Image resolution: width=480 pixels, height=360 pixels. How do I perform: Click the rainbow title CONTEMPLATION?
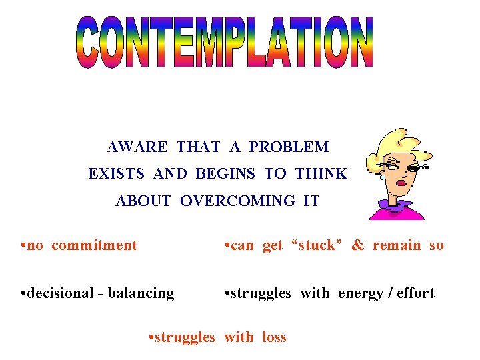pyautogui.click(x=224, y=43)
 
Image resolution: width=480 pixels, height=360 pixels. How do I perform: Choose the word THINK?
pyautogui.click(x=321, y=174)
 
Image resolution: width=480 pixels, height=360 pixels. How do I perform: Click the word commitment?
pyautogui.click(x=94, y=245)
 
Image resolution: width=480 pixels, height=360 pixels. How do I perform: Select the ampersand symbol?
pyautogui.click(x=358, y=245)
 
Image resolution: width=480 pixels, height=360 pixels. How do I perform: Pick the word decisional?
pyautogui.click(x=59, y=293)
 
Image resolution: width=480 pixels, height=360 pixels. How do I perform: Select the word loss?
pyautogui.click(x=274, y=337)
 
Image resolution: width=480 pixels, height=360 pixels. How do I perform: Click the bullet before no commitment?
pyautogui.click(x=23, y=245)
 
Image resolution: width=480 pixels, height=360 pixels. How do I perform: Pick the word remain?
pyautogui.click(x=397, y=245)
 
